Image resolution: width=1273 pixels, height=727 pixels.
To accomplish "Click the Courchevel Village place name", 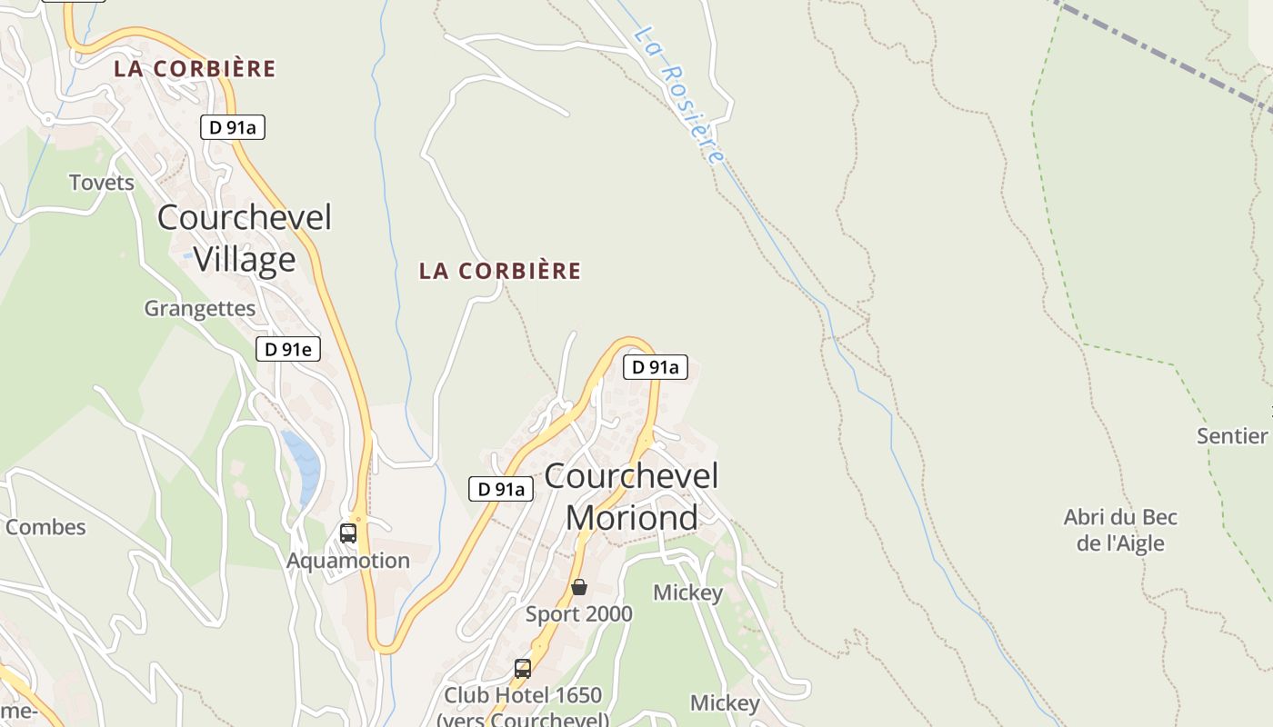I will click(x=245, y=238).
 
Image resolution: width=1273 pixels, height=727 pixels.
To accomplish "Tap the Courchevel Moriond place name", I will click(x=631, y=496).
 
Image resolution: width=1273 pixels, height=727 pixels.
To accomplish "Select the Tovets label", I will click(x=102, y=183).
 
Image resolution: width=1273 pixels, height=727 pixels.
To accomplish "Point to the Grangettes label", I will click(x=200, y=308).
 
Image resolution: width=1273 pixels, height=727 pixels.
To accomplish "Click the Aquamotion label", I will click(x=348, y=561).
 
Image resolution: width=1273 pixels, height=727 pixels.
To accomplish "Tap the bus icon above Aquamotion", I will click(x=348, y=533).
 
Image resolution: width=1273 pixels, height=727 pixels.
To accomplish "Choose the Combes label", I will click(x=45, y=527).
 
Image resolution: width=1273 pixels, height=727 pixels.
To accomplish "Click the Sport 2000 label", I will click(x=578, y=614).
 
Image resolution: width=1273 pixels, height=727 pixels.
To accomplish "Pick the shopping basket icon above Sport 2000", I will click(x=578, y=588).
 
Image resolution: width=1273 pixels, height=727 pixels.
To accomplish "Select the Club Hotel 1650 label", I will click(x=523, y=696).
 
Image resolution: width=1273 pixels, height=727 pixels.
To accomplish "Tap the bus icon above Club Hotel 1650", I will click(x=523, y=669).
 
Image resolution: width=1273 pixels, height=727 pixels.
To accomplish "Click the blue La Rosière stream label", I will click(x=680, y=95).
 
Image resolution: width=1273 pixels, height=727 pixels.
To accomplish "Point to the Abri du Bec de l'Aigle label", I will click(x=1120, y=531).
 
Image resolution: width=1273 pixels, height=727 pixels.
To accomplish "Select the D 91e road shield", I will click(x=288, y=349).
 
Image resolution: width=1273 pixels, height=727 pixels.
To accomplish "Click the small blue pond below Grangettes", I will click(x=302, y=463).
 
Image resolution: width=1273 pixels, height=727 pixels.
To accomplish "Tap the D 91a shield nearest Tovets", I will click(x=233, y=127).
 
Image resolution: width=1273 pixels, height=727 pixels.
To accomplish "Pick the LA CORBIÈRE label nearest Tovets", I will click(x=195, y=68).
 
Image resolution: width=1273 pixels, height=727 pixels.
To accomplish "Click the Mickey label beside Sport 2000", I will click(x=687, y=593).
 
